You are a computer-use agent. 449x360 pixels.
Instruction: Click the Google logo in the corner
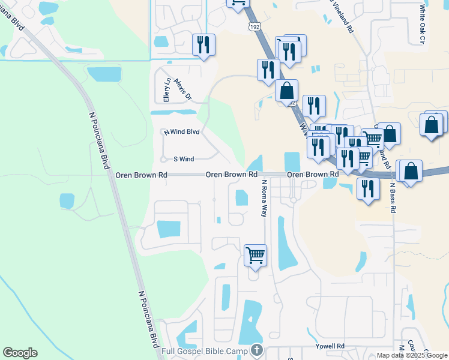point(20,353)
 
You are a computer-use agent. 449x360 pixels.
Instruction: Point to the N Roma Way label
point(264,197)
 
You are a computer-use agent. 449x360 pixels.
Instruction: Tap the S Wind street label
point(184,159)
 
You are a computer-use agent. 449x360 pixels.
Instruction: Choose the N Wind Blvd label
point(181,131)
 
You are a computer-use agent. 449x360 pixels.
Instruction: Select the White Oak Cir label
point(423,24)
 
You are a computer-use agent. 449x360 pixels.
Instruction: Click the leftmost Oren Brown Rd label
point(141,175)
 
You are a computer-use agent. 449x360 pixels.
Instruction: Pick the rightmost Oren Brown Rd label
point(312,175)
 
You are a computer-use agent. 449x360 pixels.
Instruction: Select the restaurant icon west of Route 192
point(204,44)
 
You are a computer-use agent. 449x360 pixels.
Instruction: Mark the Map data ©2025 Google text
point(412,355)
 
